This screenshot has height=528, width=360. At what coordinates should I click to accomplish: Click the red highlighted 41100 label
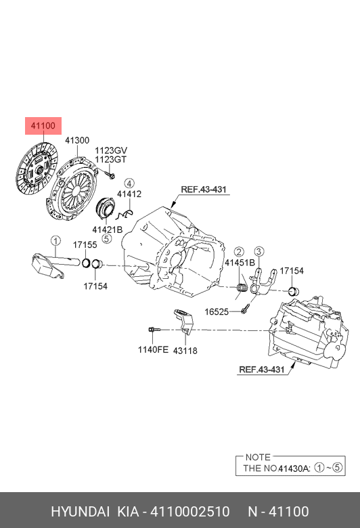click(43, 126)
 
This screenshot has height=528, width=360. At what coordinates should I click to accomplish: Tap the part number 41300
click(76, 141)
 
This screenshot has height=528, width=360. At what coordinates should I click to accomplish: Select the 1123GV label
click(111, 150)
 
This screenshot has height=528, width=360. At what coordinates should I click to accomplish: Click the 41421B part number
click(108, 229)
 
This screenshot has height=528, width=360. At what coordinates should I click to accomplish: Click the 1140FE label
click(153, 351)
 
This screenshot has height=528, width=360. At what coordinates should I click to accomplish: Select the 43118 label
click(185, 351)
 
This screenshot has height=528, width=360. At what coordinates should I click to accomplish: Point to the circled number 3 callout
click(259, 251)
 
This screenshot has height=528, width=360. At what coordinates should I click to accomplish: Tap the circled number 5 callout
click(106, 239)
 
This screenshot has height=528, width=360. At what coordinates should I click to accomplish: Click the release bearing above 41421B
click(107, 209)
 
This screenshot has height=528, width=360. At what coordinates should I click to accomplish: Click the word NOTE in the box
click(258, 457)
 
